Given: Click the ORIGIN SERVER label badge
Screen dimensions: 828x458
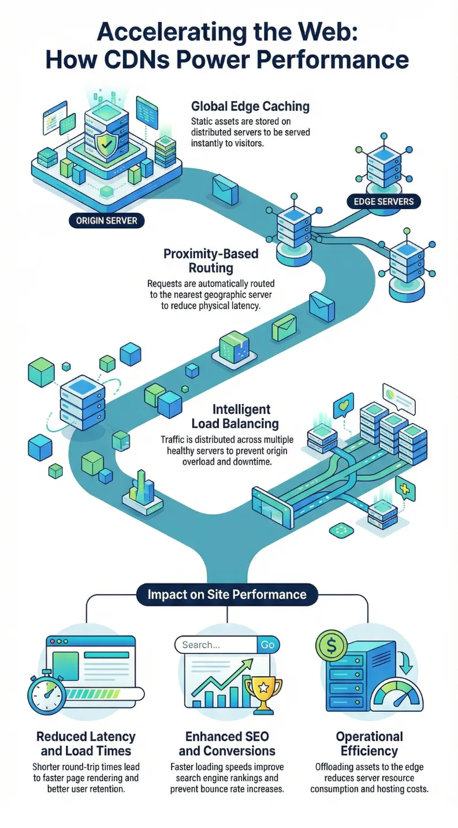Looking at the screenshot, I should tap(107, 220).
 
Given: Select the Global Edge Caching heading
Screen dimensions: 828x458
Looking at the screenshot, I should tap(250, 106).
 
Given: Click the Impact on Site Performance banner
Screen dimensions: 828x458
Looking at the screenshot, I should tap(227, 594).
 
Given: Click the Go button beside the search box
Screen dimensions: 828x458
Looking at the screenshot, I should tap(267, 645).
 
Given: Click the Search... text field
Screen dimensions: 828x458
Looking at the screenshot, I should tap(215, 645).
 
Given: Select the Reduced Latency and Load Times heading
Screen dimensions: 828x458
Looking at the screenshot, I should tap(85, 744).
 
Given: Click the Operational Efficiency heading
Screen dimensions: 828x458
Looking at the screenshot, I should tap(369, 744).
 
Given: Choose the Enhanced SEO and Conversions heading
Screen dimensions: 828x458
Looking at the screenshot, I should tap(227, 744).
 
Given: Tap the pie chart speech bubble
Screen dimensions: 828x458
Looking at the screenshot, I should tap(398, 396).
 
